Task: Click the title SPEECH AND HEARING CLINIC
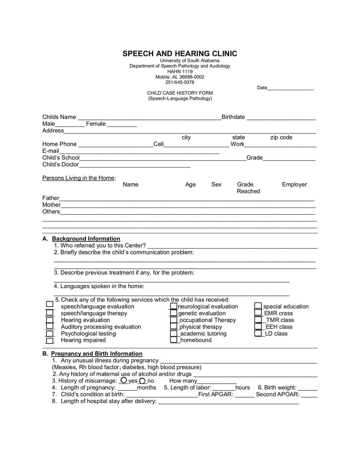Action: pyautogui.click(x=180, y=54)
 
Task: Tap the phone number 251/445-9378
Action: pyautogui.click(x=180, y=82)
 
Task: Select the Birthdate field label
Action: pyautogui.click(x=233, y=117)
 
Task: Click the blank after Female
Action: pyautogui.click(x=122, y=125)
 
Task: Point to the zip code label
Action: pyautogui.click(x=281, y=137)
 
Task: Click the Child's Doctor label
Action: pyautogui.click(x=60, y=164)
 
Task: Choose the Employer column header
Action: pyautogui.click(x=294, y=185)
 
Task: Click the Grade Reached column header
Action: pyautogui.click(x=248, y=188)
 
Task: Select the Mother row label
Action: pyautogui.click(x=51, y=205)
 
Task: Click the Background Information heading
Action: pyautogui.click(x=86, y=239)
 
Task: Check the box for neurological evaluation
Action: pyautogui.click(x=174, y=306)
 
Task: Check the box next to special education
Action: pyautogui.click(x=258, y=306)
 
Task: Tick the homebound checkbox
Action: pyautogui.click(x=174, y=340)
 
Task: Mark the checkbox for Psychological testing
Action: pyautogui.click(x=49, y=334)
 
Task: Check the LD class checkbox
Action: pyautogui.click(x=258, y=334)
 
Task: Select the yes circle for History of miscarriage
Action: pyautogui.click(x=124, y=380)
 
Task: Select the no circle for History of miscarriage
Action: pyautogui.click(x=143, y=381)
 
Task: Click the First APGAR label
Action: pyautogui.click(x=216, y=394)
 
